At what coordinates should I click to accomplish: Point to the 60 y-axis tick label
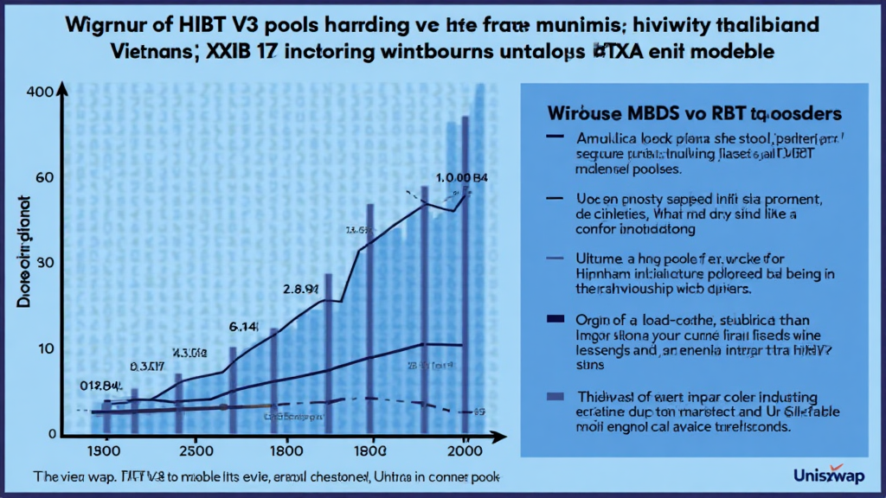tap(44, 178)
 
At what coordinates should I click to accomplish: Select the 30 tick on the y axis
tap(44, 263)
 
